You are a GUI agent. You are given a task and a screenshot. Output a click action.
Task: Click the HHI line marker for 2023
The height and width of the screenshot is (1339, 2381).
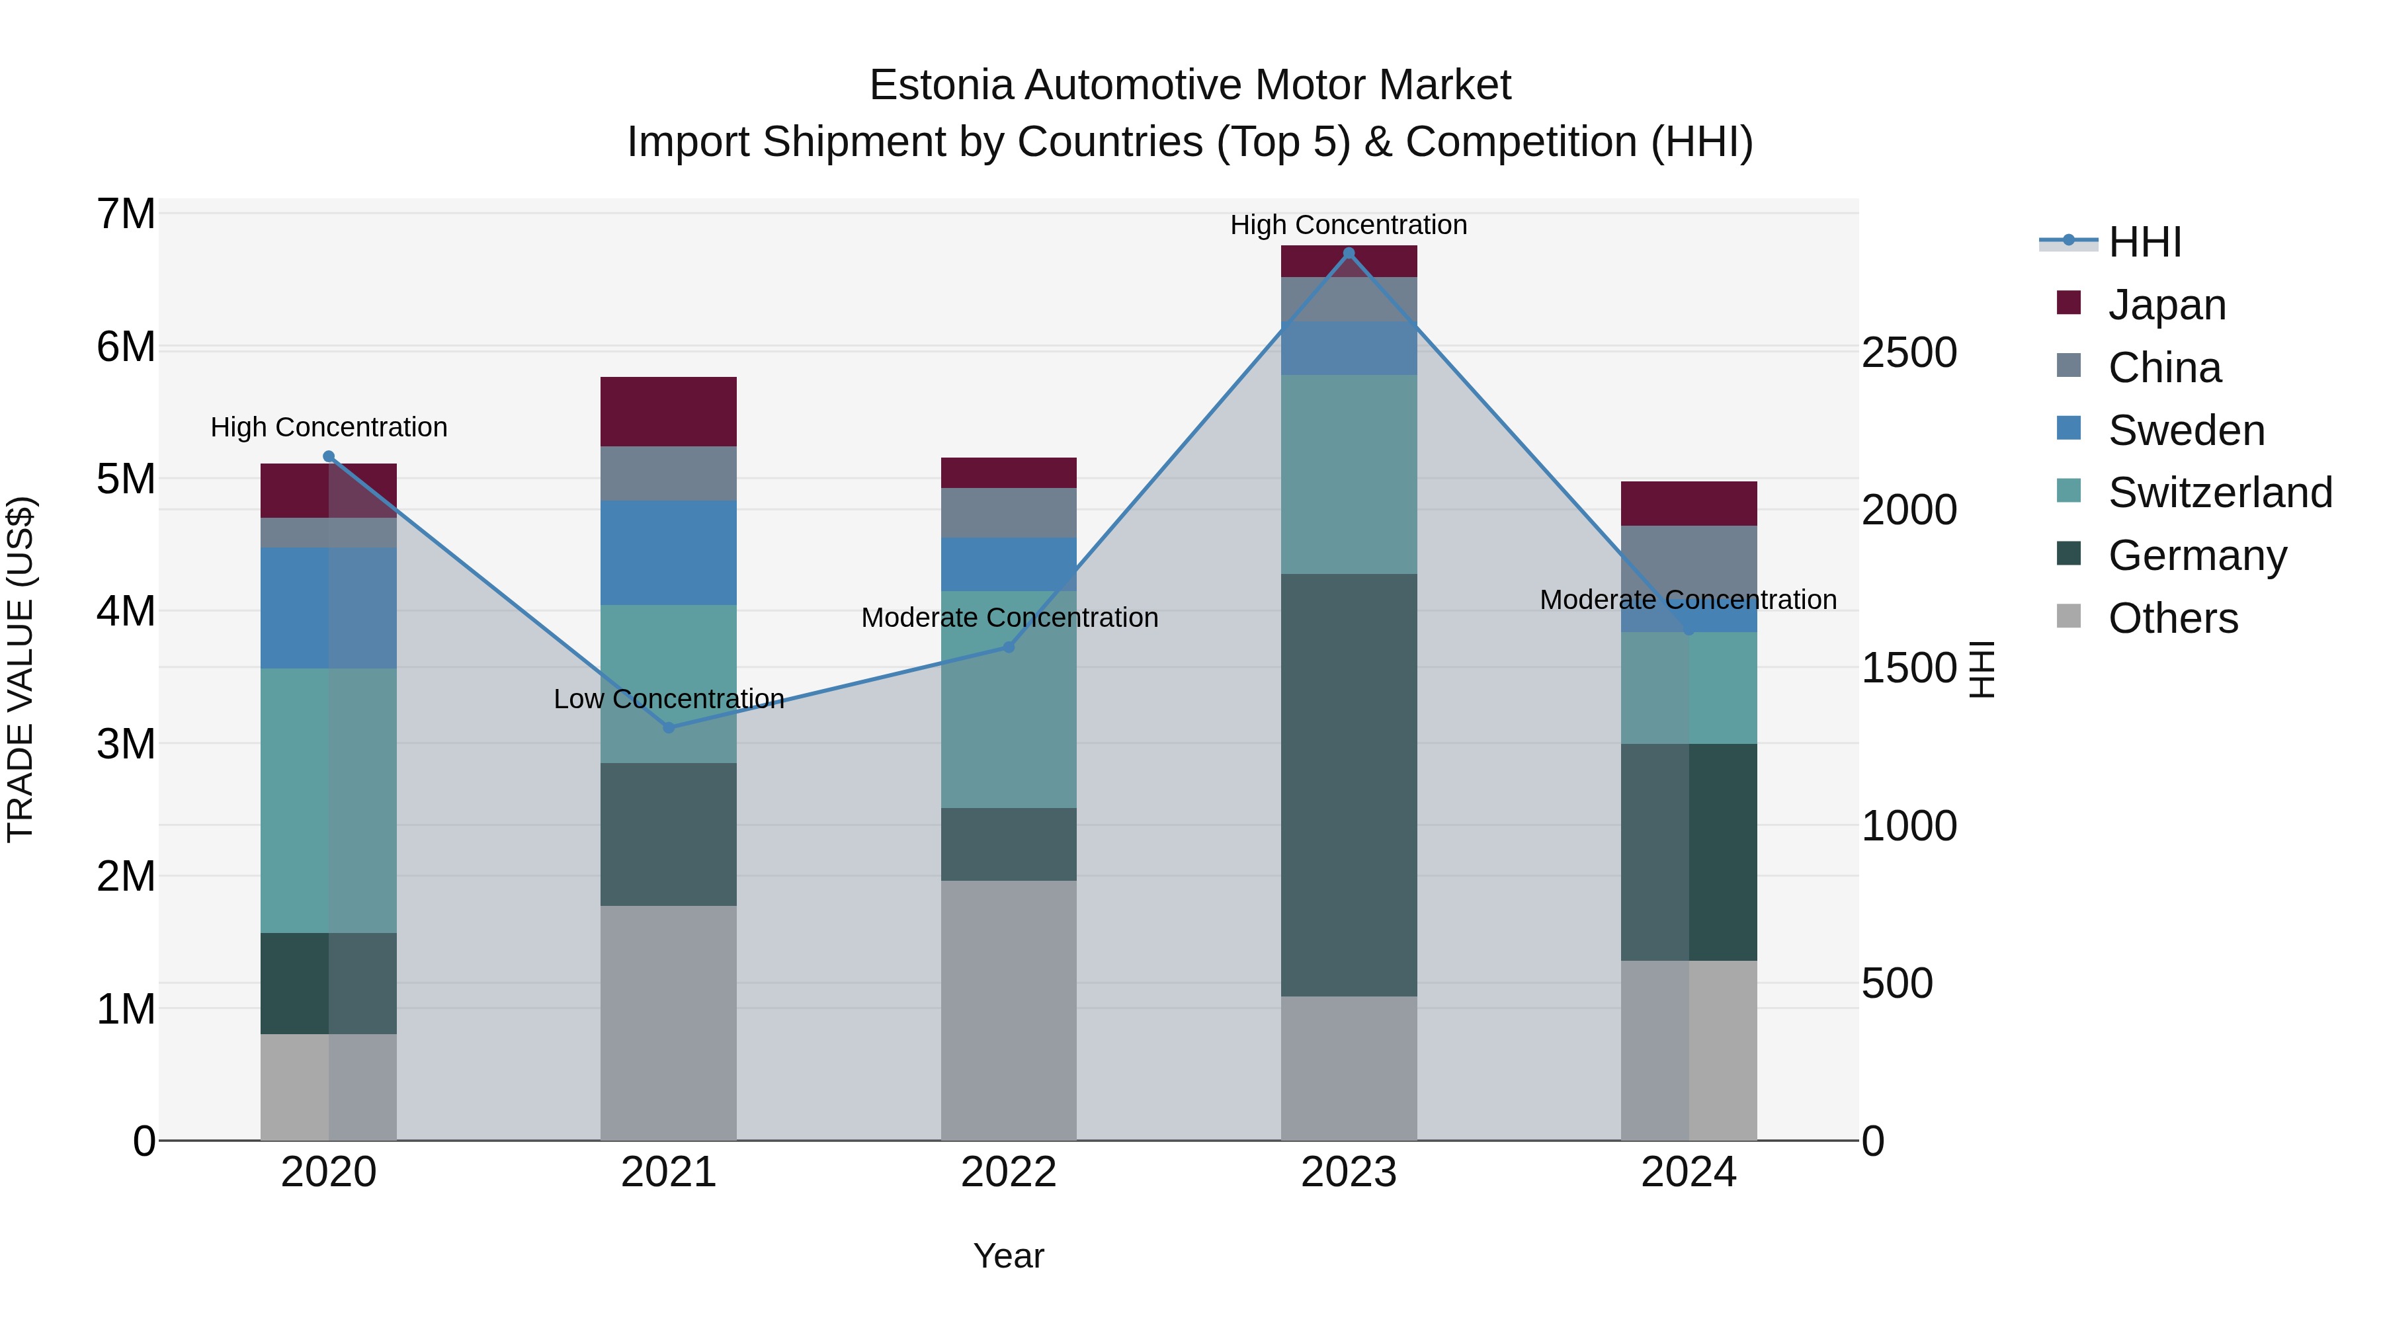point(1349,253)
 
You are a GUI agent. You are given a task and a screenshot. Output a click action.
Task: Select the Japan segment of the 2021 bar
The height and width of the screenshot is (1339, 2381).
point(668,411)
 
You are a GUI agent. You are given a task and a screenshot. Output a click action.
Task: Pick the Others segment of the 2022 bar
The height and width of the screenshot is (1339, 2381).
point(1009,1010)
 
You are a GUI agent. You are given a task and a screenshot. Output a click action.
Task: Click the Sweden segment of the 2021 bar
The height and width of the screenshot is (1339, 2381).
point(668,553)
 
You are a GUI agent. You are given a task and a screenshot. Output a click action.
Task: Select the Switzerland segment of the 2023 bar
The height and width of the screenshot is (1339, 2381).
point(1349,474)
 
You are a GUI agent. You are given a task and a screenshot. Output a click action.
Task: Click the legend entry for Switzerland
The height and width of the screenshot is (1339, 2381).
point(2218,493)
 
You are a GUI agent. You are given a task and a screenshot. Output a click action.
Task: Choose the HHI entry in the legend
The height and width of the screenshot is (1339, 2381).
point(2144,242)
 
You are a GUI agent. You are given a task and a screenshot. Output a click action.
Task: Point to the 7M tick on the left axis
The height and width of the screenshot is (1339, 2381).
point(126,214)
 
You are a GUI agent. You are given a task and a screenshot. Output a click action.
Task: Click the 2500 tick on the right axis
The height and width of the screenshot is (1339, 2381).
point(1909,353)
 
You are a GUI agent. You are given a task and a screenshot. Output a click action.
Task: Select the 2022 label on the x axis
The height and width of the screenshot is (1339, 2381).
point(1009,1172)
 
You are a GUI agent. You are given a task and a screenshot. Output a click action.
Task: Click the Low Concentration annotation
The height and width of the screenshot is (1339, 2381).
point(668,699)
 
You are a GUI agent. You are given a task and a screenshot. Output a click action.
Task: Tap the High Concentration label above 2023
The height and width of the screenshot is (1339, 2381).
point(1349,225)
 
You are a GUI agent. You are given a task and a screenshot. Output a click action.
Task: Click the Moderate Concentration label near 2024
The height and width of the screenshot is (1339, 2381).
point(1688,600)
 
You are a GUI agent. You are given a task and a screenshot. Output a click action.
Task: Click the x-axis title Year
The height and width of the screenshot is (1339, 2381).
point(1009,1256)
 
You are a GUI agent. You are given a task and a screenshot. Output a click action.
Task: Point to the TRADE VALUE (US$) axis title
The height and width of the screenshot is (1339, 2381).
point(21,669)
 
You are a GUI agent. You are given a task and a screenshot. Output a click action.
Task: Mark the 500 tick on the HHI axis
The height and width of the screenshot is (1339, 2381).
point(1897,983)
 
